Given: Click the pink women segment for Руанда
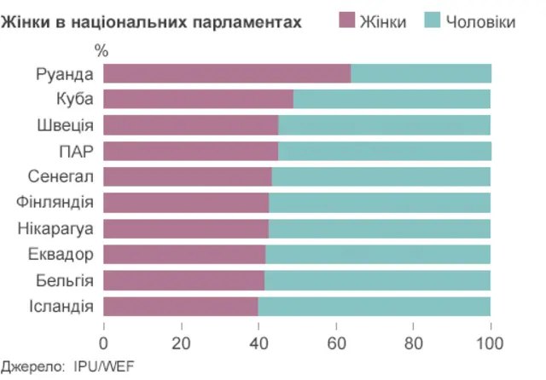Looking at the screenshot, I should tap(227, 73).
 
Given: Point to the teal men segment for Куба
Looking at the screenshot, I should tap(392, 100).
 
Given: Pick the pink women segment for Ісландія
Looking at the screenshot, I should tap(181, 307).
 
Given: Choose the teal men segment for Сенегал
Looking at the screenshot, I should tap(381, 177).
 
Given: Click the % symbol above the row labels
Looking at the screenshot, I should tap(102, 51).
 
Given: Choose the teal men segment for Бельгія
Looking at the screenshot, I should tap(378, 281).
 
